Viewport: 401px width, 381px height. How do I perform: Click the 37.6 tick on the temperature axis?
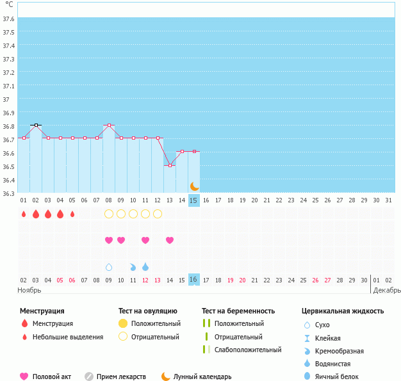(x=9, y=19)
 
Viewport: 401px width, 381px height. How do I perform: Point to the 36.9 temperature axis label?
(x=9, y=113)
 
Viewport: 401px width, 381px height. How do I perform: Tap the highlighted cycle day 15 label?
(x=194, y=200)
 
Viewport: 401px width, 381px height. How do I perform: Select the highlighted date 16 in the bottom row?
(x=194, y=280)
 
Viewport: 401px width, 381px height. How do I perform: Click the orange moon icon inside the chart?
(x=194, y=186)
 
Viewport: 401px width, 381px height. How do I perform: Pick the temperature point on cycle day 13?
(x=170, y=165)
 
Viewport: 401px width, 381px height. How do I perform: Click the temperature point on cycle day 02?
(x=36, y=125)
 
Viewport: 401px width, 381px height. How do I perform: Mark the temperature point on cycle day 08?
(x=109, y=125)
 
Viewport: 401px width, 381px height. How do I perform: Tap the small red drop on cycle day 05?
(x=72, y=214)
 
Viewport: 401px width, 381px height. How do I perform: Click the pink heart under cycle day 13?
(x=170, y=240)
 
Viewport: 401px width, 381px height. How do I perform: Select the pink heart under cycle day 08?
(x=109, y=240)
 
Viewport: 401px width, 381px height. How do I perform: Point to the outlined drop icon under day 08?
(x=109, y=266)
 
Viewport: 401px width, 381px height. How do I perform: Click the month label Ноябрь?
(x=29, y=290)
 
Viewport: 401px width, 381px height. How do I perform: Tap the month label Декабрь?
(x=387, y=290)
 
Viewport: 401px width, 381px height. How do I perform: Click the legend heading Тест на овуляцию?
(x=151, y=311)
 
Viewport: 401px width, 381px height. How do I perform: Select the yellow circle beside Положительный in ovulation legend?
(x=123, y=323)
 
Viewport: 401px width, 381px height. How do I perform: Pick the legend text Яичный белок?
(x=341, y=377)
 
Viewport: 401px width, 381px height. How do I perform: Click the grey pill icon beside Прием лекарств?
(x=88, y=377)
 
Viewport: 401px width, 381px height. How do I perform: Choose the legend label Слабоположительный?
(x=248, y=350)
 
